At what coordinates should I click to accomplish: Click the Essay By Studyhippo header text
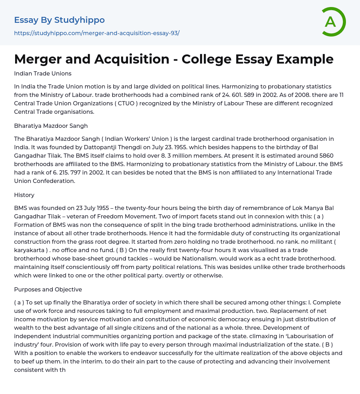click(59, 20)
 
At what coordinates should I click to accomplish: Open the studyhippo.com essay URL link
click(97, 33)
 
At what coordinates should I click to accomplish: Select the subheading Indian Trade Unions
click(43, 73)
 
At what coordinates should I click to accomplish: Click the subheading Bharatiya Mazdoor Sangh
click(51, 126)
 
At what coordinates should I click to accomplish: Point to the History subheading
click(24, 195)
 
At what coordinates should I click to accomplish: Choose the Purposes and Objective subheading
click(48, 289)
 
